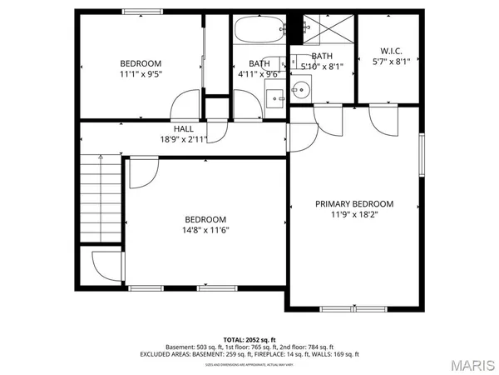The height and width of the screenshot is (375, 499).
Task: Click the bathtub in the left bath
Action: point(259,32)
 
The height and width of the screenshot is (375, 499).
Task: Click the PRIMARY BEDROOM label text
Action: point(354,203)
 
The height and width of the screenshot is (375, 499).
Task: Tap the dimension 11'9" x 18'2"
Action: point(354,214)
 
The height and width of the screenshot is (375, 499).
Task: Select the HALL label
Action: point(185,129)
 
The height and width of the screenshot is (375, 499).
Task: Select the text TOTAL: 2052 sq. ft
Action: point(249,339)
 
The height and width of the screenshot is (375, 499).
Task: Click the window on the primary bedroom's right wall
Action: point(422,157)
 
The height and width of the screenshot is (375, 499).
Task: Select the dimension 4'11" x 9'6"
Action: point(258,74)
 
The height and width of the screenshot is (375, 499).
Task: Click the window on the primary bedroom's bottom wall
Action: point(353,309)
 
